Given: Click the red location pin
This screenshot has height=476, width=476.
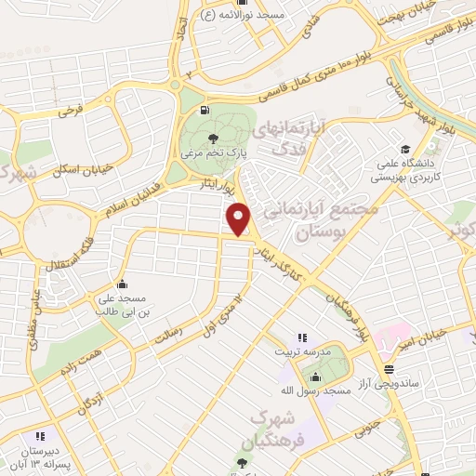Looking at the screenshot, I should [240, 218].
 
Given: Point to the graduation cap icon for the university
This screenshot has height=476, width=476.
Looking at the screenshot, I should [404, 149].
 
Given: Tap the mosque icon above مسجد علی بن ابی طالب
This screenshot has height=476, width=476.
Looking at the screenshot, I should [122, 284].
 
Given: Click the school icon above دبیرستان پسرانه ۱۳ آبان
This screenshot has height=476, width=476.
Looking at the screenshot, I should [39, 435].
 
